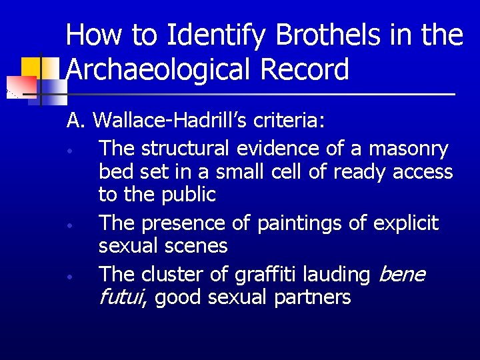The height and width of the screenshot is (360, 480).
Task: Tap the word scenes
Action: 197,246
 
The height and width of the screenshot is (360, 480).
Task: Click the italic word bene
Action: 403,274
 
